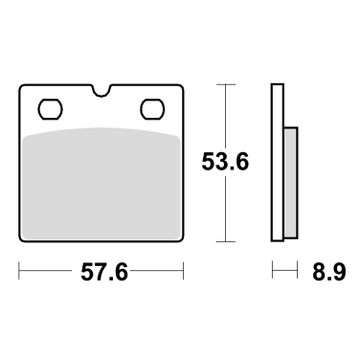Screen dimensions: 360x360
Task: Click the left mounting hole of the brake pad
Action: [x=50, y=106]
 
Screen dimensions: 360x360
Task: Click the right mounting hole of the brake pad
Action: [x=152, y=106]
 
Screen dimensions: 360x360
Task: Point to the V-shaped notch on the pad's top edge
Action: [x=101, y=93]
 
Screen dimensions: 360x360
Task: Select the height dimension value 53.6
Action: [x=225, y=164]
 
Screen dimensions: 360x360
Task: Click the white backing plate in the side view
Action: [x=278, y=163]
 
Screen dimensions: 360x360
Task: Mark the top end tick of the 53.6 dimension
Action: [x=225, y=85]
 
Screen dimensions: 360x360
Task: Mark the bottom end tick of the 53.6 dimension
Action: [x=225, y=240]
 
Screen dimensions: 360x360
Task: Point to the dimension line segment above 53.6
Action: [x=225, y=115]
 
